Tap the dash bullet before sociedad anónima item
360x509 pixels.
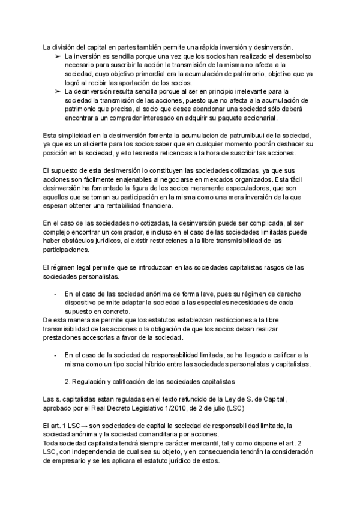click(x=55, y=294)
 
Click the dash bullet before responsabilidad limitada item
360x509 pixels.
click(x=55, y=355)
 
